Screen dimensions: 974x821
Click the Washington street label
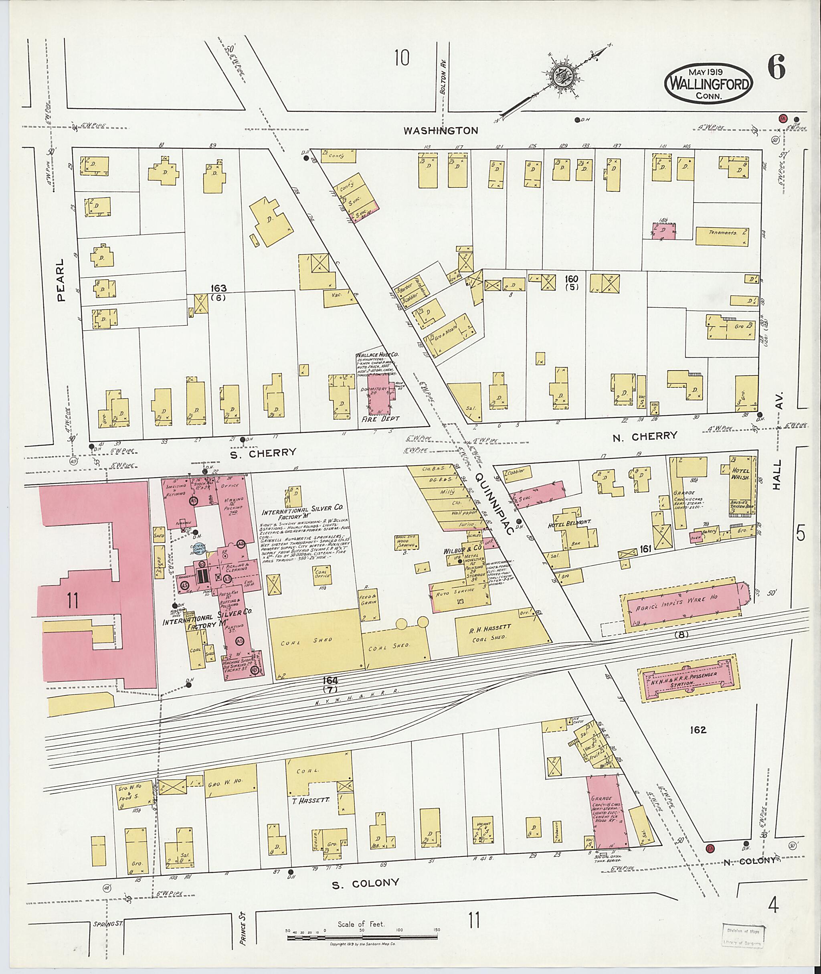click(440, 131)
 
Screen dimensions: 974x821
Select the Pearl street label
click(61, 280)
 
